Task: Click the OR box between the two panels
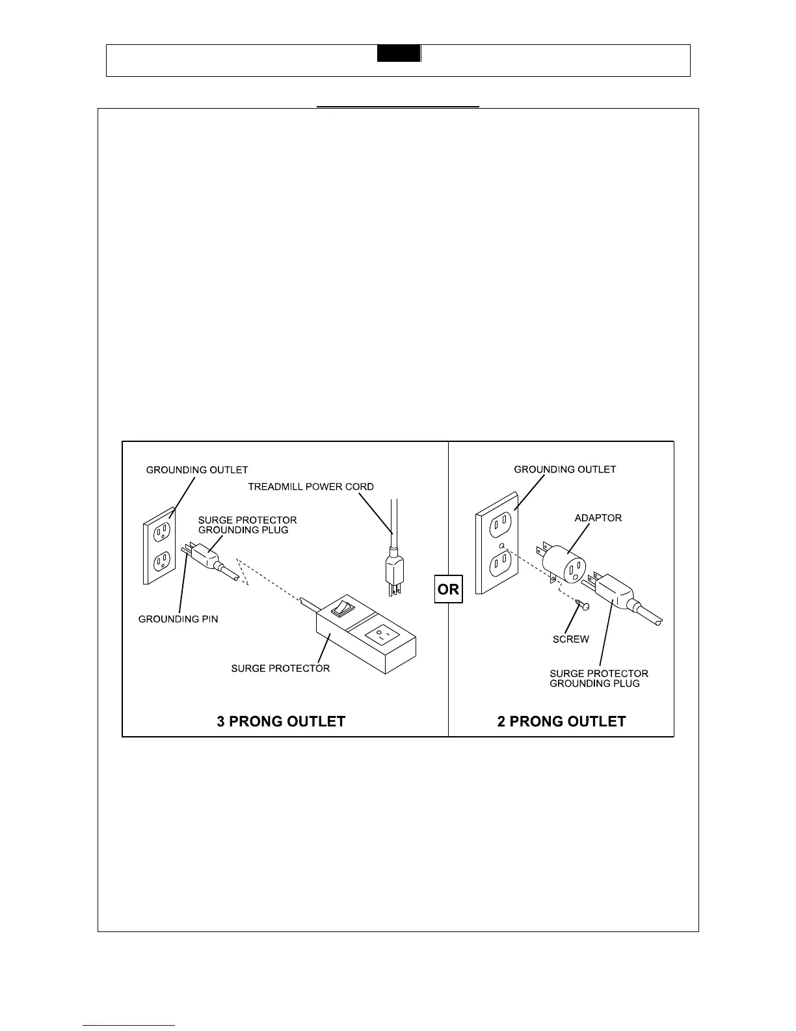pyautogui.click(x=448, y=590)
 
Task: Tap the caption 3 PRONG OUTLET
pyautogui.click(x=281, y=721)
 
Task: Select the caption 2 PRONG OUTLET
pyautogui.click(x=561, y=721)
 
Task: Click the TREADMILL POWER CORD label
pyautogui.click(x=311, y=486)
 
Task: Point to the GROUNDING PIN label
pyautogui.click(x=178, y=619)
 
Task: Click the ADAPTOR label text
pyautogui.click(x=598, y=518)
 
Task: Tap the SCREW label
pyautogui.click(x=570, y=639)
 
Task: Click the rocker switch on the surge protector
pyautogui.click(x=338, y=609)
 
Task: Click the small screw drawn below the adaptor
pyautogui.click(x=582, y=605)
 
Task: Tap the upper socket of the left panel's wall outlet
pyautogui.click(x=161, y=532)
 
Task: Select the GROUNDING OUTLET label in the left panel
pyautogui.click(x=197, y=469)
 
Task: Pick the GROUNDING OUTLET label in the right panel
pyautogui.click(x=564, y=469)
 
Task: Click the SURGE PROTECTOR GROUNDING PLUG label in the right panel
pyautogui.click(x=598, y=678)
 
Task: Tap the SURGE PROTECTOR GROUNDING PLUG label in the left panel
pyautogui.click(x=247, y=525)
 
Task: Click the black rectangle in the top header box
pyautogui.click(x=399, y=53)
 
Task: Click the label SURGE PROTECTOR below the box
pyautogui.click(x=280, y=668)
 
